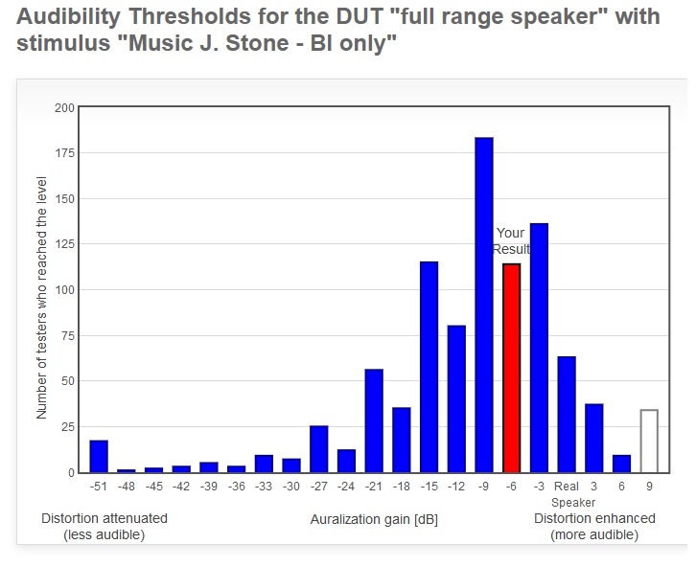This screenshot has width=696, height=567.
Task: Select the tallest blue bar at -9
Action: click(x=484, y=306)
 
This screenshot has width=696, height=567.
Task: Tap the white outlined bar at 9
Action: click(x=649, y=442)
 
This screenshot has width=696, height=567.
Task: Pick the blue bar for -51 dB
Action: click(x=99, y=457)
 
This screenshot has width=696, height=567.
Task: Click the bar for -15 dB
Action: click(x=429, y=367)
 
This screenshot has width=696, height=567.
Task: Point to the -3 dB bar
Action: click(x=539, y=349)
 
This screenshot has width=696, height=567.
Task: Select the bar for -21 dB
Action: click(x=374, y=420)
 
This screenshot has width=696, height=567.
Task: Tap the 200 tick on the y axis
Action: click(x=64, y=108)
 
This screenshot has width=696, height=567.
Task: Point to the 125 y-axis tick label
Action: click(x=64, y=245)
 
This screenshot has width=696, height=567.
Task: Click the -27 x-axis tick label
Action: click(x=318, y=487)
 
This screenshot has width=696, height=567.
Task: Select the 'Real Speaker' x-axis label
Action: click(x=567, y=494)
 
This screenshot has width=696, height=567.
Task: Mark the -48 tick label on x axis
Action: click(x=127, y=487)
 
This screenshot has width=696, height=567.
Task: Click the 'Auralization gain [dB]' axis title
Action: click(x=374, y=519)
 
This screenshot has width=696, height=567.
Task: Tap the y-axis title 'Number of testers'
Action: click(x=42, y=298)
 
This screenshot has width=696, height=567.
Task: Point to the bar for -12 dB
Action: click(x=456, y=399)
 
